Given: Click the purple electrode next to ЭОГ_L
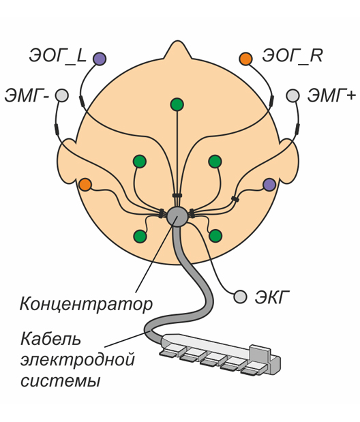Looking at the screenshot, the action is point(100,59).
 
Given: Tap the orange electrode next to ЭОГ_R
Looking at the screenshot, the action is point(245,59).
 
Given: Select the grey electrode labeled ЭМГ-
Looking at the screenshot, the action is point(62,95).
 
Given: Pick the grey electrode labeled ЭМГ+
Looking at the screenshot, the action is point(292,95).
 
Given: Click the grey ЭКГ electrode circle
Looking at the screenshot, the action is point(240,297).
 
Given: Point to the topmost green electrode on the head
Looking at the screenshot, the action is point(177,104).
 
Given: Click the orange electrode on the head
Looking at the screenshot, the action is point(85,185).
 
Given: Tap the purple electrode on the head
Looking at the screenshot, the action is point(269,185).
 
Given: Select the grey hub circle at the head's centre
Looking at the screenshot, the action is point(177,216).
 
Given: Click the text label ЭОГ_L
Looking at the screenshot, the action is point(57,57).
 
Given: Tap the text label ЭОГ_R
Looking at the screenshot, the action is point(292,56).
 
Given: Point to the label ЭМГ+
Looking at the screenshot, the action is point(332,95).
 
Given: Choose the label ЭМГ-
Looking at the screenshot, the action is point(27,96).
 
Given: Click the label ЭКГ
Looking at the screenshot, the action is point(272,297).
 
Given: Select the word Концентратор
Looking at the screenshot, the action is point(86,304).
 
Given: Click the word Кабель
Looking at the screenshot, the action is point(50,339).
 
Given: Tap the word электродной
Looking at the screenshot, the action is point(78,359).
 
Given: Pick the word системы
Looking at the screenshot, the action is point(60,381).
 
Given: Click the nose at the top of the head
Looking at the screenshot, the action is point(177,50).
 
